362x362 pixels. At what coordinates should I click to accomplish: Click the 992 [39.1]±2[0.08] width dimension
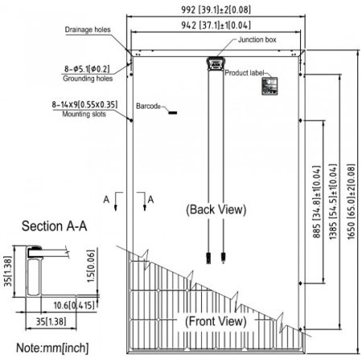click(x=216, y=10)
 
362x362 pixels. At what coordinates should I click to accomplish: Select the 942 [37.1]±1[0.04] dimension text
click(x=216, y=25)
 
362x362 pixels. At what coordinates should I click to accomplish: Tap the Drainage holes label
click(x=88, y=30)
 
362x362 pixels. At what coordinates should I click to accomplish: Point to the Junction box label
click(x=257, y=39)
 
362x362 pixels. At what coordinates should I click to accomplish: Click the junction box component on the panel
click(x=215, y=64)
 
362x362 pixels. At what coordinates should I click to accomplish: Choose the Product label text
click(x=245, y=72)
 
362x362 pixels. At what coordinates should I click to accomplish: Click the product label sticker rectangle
click(x=269, y=86)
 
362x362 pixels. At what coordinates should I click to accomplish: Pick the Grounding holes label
click(x=88, y=79)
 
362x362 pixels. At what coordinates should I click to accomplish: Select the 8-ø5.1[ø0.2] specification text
click(x=87, y=69)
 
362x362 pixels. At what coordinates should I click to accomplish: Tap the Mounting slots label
click(x=84, y=114)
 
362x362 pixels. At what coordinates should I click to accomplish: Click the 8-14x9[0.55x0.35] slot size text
click(x=84, y=105)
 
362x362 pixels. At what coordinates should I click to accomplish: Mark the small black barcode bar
click(x=173, y=113)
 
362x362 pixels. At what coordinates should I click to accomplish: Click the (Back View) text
click(x=216, y=209)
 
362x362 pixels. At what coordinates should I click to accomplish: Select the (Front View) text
click(x=216, y=321)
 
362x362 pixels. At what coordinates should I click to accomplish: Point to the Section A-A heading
click(x=55, y=226)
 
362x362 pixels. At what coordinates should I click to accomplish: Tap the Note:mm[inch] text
click(x=52, y=348)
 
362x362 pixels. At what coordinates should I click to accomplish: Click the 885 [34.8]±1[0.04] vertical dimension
click(x=317, y=202)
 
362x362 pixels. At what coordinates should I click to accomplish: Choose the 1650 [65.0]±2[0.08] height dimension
click(x=351, y=202)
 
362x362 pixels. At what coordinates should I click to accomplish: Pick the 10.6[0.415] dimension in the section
click(x=74, y=305)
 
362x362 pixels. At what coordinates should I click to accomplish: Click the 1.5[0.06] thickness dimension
click(x=91, y=265)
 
